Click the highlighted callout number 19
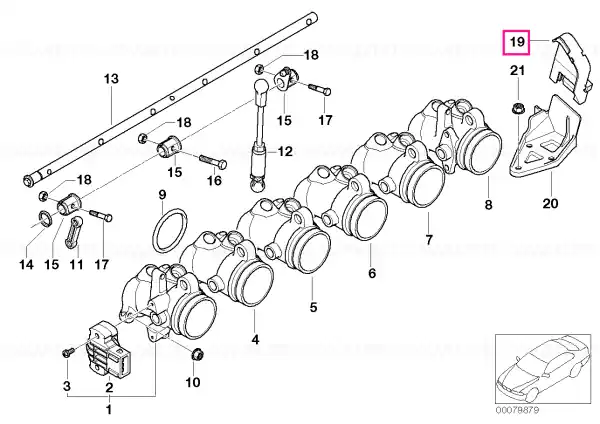point(517,41)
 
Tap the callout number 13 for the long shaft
point(112,79)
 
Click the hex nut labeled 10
point(197,355)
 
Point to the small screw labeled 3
point(68,352)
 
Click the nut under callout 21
point(517,108)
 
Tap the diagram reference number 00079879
point(518,410)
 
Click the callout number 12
point(285,152)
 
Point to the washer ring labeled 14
point(46,218)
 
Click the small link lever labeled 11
point(74,232)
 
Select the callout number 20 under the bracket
point(550,203)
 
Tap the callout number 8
point(488,204)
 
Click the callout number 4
point(255,339)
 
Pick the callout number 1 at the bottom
point(109,410)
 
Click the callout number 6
point(372,273)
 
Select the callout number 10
point(193,382)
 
